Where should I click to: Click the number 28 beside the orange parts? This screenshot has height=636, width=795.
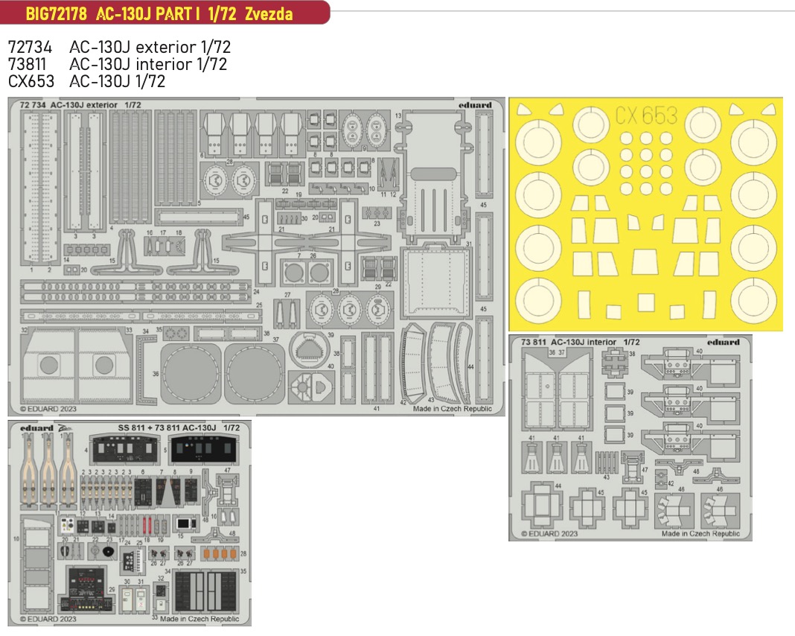(243, 553)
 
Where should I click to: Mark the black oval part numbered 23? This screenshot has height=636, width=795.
(109, 552)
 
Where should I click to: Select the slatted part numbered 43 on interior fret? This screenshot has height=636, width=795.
(607, 462)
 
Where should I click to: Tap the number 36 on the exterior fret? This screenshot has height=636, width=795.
(155, 374)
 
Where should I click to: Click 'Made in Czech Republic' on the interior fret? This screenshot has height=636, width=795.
(700, 533)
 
